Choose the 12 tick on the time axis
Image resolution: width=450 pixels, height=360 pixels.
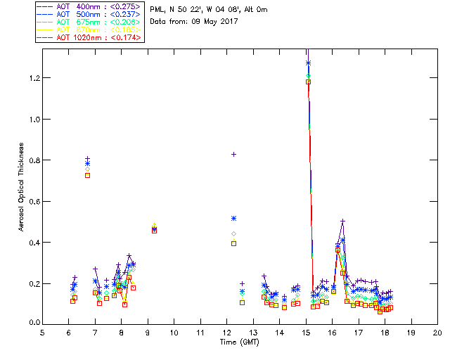click(226, 333)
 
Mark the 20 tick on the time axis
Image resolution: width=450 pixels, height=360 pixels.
click(437, 333)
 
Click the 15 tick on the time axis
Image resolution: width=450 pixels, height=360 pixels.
click(306, 333)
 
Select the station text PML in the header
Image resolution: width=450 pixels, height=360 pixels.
click(157, 9)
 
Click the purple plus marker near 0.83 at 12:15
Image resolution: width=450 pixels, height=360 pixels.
click(233, 154)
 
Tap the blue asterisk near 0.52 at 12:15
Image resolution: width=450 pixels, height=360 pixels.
click(233, 218)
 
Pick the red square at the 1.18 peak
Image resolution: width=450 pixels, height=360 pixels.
click(308, 82)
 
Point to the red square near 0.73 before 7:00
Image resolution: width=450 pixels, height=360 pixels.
click(87, 175)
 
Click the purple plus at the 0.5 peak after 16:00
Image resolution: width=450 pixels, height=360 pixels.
click(342, 221)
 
